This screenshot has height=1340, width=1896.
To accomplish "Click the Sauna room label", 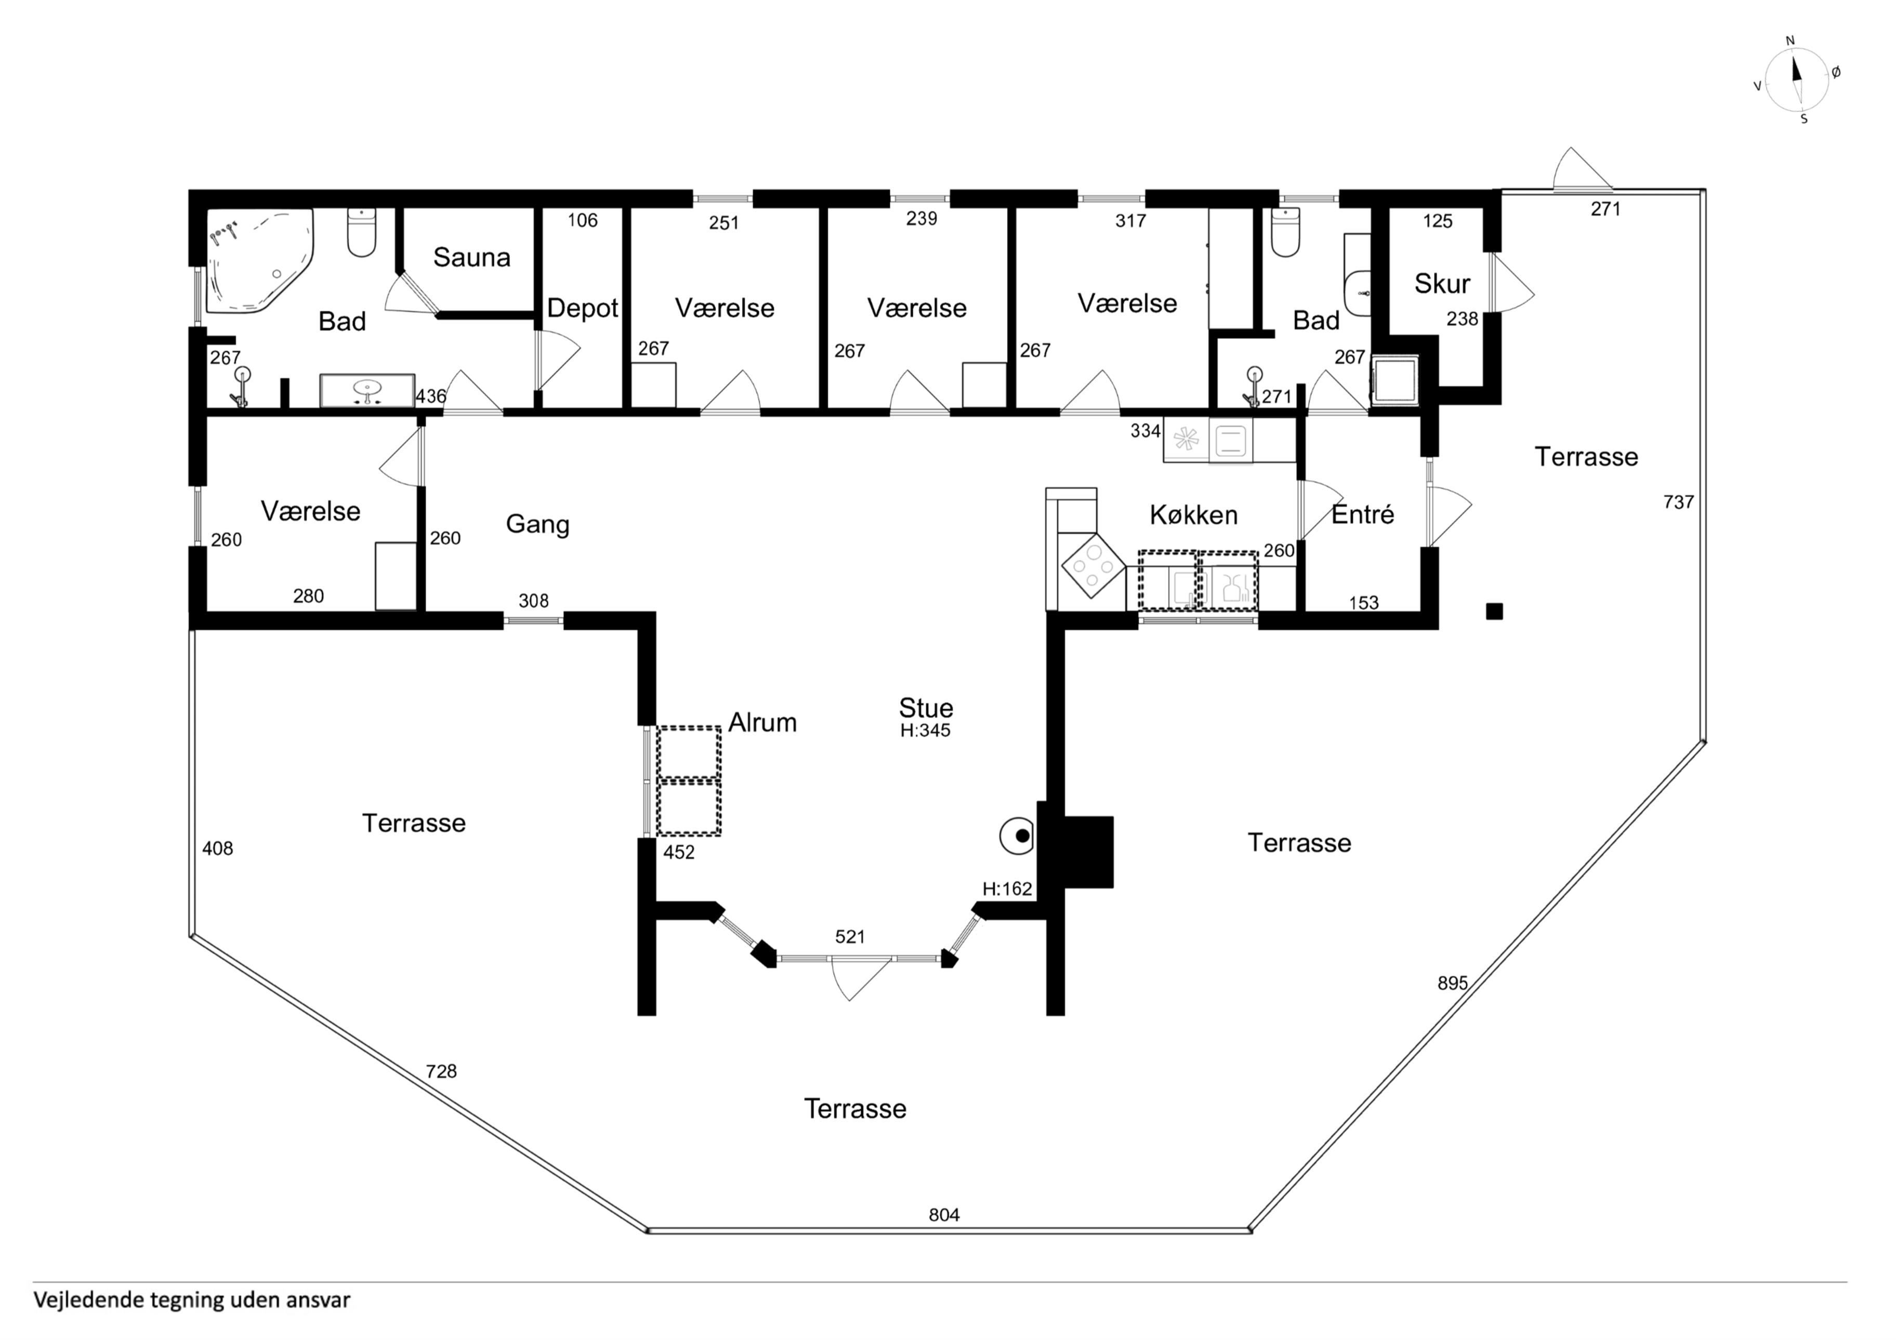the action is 471,258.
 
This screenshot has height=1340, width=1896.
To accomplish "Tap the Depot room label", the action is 582,309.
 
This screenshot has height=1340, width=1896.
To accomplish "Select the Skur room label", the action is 1442,284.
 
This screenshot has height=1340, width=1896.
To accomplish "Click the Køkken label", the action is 1193,515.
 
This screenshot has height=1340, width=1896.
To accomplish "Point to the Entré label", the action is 1363,514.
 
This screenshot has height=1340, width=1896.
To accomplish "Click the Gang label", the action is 537,524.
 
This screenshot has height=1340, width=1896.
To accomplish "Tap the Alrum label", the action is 762,722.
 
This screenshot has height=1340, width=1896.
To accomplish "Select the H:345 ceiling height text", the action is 925,730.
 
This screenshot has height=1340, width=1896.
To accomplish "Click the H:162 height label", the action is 1007,889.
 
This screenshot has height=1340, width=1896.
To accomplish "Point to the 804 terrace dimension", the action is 944,1214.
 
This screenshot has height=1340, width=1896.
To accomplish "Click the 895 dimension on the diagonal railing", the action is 1453,983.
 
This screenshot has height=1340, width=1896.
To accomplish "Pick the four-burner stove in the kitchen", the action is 1092,565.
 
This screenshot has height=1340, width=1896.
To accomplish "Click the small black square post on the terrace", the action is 1494,612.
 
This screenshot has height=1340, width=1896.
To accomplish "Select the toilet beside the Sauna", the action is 362,232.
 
